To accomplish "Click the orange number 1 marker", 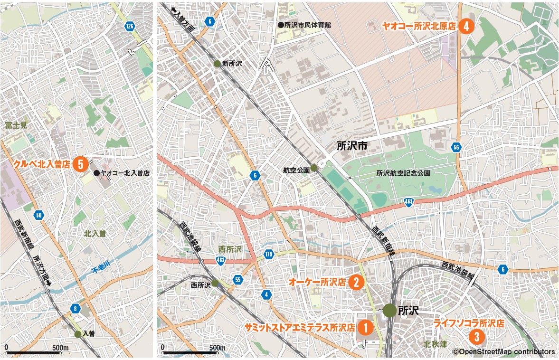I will point(365,327).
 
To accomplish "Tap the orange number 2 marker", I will point(356,282).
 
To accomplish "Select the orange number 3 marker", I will point(476,337).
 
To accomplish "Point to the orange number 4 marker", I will point(466,27).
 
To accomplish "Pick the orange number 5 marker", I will point(81,164).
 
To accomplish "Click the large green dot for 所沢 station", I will point(389,311).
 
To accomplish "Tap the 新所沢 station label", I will point(232,64).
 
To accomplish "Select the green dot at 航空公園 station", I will point(313,168).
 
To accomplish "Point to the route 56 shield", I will point(456,147).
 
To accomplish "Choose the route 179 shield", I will point(269,254).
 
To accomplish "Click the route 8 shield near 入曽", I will point(75,309).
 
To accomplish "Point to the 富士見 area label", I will point(17,125).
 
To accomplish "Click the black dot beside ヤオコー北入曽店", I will point(96,173).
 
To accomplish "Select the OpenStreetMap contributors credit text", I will point(503,352).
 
